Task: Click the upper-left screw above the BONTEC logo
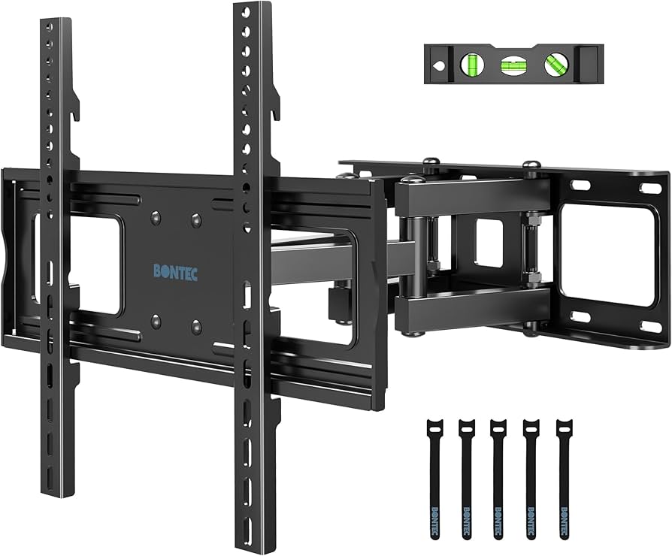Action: tap(155, 217)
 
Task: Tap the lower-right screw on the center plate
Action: tap(196, 325)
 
